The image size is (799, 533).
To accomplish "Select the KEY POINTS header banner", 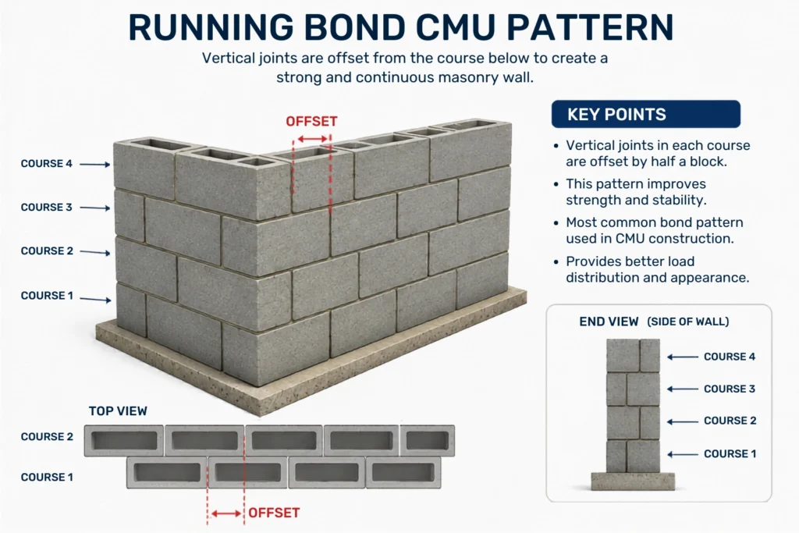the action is [x=645, y=114].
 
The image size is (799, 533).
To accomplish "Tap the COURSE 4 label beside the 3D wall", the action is [x=46, y=164].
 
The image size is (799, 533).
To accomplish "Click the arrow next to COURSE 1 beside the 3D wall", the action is [x=95, y=299].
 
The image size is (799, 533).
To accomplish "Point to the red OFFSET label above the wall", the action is [x=311, y=121].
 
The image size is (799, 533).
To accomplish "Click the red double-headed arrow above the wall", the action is [x=312, y=139].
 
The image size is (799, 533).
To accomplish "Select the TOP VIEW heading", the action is [x=118, y=410].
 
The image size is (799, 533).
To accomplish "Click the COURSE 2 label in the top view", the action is [x=47, y=437].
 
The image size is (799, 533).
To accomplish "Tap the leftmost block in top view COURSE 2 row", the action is [x=124, y=440].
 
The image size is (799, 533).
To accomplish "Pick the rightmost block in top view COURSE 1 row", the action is [x=403, y=472].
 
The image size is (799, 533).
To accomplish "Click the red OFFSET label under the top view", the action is [x=274, y=513].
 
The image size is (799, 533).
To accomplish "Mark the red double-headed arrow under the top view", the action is [x=226, y=513].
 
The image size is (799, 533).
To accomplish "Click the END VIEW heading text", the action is [x=609, y=322].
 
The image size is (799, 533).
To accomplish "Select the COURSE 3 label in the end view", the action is [x=730, y=389].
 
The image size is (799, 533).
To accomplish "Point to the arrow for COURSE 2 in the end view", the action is [x=682, y=421].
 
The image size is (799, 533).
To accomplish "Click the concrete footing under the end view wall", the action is [x=632, y=481].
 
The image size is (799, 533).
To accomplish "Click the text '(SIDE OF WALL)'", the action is [x=688, y=322].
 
